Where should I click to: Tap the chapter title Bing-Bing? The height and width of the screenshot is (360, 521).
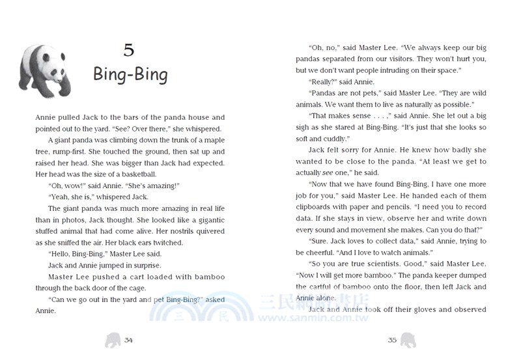pyautogui.click(x=130, y=74)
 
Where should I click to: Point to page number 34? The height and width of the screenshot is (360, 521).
pyautogui.click(x=128, y=339)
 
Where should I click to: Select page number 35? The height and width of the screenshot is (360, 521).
pyautogui.click(x=392, y=339)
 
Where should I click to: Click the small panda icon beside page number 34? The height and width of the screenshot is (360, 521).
pyautogui.click(x=113, y=339)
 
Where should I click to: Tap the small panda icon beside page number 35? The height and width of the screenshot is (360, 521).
pyautogui.click(x=408, y=339)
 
